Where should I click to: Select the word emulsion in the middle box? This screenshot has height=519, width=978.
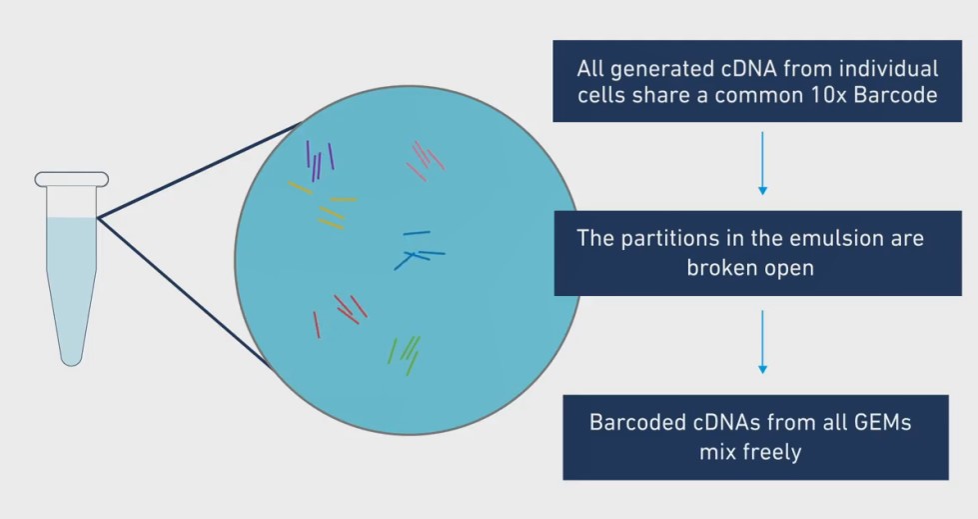pos(829,239)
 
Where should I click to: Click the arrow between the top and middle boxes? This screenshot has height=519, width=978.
pos(762,163)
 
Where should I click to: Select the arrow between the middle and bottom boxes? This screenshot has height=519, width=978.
pos(762,342)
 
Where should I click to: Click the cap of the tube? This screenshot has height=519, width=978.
pos(72,179)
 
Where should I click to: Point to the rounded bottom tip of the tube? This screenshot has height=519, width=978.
pos(71,362)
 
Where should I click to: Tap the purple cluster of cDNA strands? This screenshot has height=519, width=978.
pos(320,161)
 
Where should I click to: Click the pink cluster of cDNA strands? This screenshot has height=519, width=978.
pos(426,161)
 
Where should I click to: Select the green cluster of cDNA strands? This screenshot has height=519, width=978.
pos(404,356)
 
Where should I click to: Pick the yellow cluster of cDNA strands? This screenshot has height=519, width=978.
pos(324,205)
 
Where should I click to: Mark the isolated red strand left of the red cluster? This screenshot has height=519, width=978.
pos(317,325)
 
